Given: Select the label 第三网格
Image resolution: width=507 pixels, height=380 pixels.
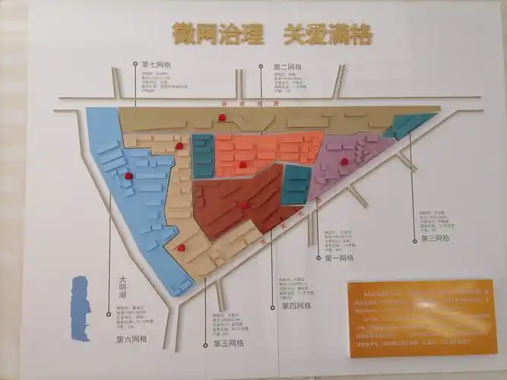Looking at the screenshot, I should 436,239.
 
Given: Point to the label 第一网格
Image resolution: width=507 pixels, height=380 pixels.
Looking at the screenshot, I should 339,258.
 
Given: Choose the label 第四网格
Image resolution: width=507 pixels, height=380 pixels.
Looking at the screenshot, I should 296,306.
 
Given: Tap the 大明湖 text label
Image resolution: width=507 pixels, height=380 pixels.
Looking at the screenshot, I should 122,288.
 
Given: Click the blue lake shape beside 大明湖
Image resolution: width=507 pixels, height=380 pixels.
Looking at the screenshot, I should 80,308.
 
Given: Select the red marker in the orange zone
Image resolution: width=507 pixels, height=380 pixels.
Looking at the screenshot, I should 242,164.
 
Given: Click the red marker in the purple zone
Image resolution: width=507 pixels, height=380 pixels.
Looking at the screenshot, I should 344,161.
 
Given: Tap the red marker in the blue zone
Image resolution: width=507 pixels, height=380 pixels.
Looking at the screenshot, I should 128,176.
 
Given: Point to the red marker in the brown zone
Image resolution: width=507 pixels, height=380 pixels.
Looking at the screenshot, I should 244,204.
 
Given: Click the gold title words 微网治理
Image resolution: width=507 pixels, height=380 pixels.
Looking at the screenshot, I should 215,33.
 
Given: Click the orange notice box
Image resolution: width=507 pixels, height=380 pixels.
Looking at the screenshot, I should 422,317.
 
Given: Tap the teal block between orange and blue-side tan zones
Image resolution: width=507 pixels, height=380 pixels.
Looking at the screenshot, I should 202,156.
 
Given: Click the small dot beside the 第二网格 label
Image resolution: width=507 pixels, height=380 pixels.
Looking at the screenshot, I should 260,66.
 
